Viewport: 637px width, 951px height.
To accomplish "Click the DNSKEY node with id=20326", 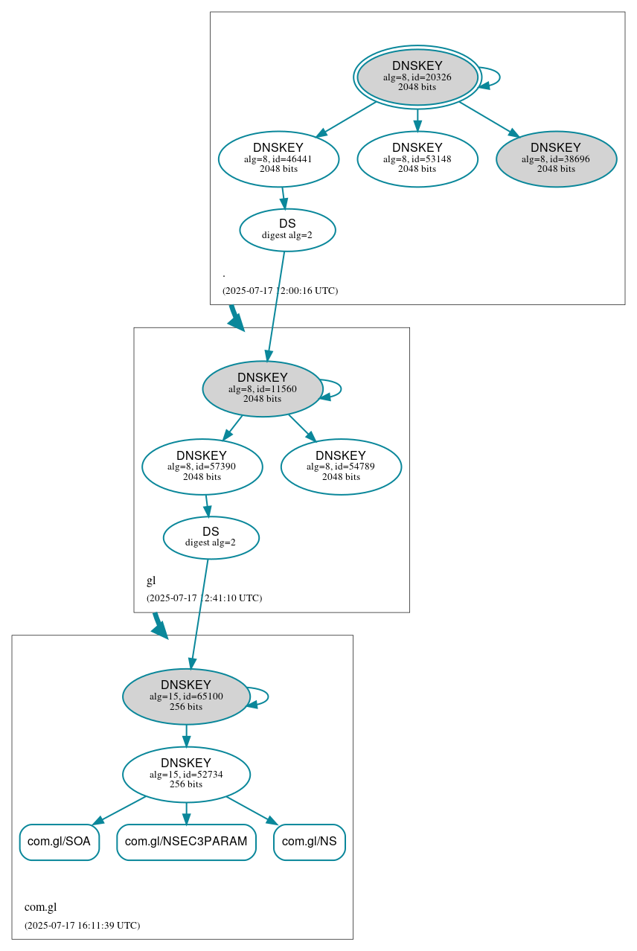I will pyautogui.click(x=417, y=77).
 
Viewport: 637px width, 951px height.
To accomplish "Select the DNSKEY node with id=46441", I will pyautogui.click(x=278, y=158).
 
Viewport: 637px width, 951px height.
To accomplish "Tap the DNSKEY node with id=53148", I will pyautogui.click(x=417, y=158).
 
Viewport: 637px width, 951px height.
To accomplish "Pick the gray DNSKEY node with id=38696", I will pyautogui.click(x=556, y=158).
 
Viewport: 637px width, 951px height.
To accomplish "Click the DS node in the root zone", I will pyautogui.click(x=287, y=230).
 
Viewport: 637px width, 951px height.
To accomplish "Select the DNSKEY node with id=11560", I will pyautogui.click(x=262, y=388).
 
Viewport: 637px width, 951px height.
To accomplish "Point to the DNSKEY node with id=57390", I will pyautogui.click(x=202, y=467).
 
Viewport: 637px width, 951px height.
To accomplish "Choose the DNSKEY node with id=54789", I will pyautogui.click(x=341, y=467).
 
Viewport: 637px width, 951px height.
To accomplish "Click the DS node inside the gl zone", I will pyautogui.click(x=211, y=537).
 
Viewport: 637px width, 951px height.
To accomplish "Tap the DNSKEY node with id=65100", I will pyautogui.click(x=185, y=697).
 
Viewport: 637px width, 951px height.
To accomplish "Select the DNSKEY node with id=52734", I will pyautogui.click(x=185, y=775).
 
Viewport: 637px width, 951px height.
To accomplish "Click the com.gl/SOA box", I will pyautogui.click(x=59, y=842).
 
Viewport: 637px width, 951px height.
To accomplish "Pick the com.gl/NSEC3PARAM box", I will pyautogui.click(x=186, y=842).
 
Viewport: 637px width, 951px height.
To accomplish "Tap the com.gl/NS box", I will pyautogui.click(x=309, y=842).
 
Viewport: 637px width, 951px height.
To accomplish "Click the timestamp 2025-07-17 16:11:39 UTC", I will pyautogui.click(x=82, y=926).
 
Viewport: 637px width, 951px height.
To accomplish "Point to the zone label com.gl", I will pyautogui.click(x=40, y=907).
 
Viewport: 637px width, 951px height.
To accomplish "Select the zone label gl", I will pyautogui.click(x=151, y=580).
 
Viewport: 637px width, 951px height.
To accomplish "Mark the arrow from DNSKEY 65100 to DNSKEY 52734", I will pyautogui.click(x=186, y=736).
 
